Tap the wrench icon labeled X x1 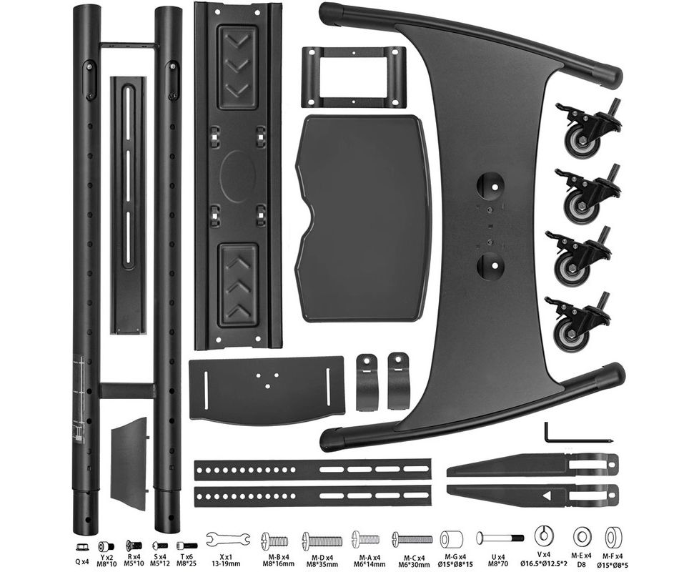tap(228, 539)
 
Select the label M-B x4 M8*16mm tap(278, 561)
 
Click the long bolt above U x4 tap(500, 538)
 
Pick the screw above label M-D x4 tap(322, 541)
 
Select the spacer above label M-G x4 tap(451, 539)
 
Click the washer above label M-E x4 tap(582, 537)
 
